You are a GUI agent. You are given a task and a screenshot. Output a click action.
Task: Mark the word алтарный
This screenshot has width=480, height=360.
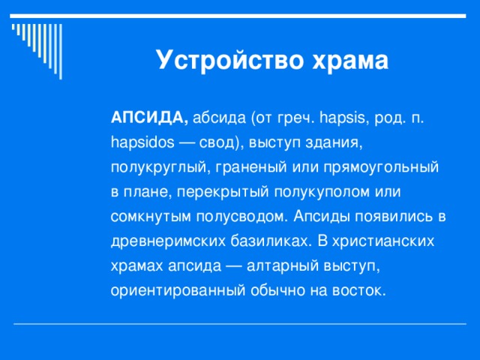pyautogui.click(x=286, y=266)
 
